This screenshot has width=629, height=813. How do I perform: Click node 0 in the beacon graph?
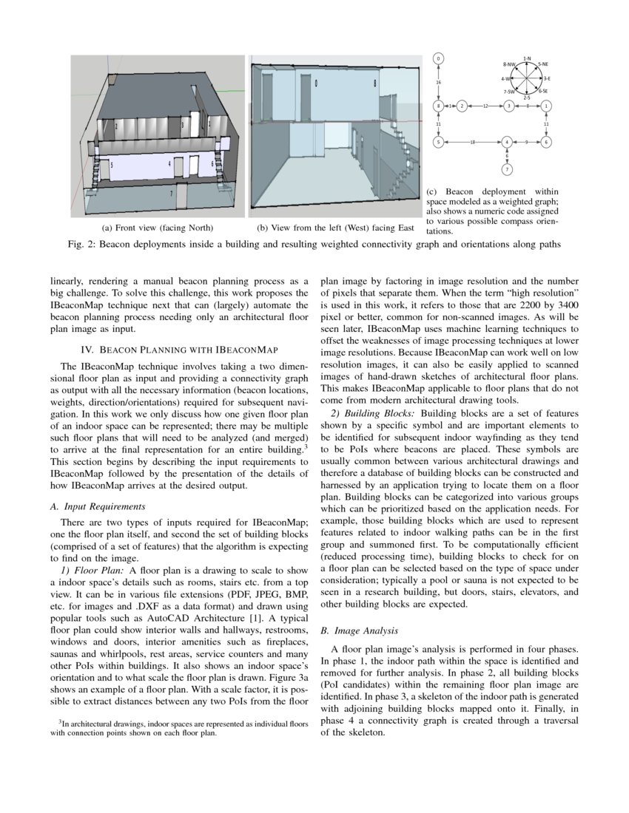pyautogui.click(x=438, y=58)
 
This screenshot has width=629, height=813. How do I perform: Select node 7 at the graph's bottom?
pyautogui.click(x=507, y=170)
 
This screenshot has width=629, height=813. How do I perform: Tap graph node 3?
pyautogui.click(x=509, y=106)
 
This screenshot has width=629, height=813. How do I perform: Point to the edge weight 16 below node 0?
pyautogui.click(x=438, y=83)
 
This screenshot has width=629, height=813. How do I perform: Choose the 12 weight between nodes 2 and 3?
pyautogui.click(x=485, y=106)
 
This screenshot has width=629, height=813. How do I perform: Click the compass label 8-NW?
pyautogui.click(x=508, y=65)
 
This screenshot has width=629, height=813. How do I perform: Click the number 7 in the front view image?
pyautogui.click(x=172, y=192)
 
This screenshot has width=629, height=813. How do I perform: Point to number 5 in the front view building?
pyautogui.click(x=112, y=166)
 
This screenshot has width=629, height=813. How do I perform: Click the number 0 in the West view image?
pyautogui.click(x=316, y=84)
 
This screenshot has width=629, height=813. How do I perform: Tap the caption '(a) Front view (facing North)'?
pyautogui.click(x=157, y=228)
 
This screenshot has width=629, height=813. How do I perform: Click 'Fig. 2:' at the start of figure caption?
pyautogui.click(x=81, y=243)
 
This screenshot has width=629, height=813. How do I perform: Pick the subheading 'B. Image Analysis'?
pyautogui.click(x=360, y=631)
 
